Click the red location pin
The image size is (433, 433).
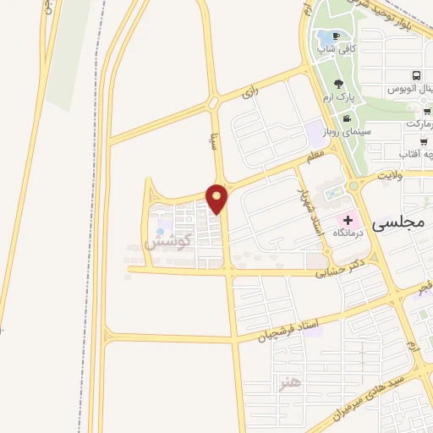pyautogui.click(x=217, y=197)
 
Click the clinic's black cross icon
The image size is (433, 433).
pyautogui.click(x=348, y=220)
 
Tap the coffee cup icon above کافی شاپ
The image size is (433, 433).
pyautogui.click(x=337, y=36)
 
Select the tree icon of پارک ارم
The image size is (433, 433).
pyautogui.click(x=339, y=85)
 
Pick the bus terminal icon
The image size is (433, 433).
pyautogui.click(x=416, y=76)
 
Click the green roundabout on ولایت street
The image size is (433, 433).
pyautogui.click(x=354, y=186)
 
